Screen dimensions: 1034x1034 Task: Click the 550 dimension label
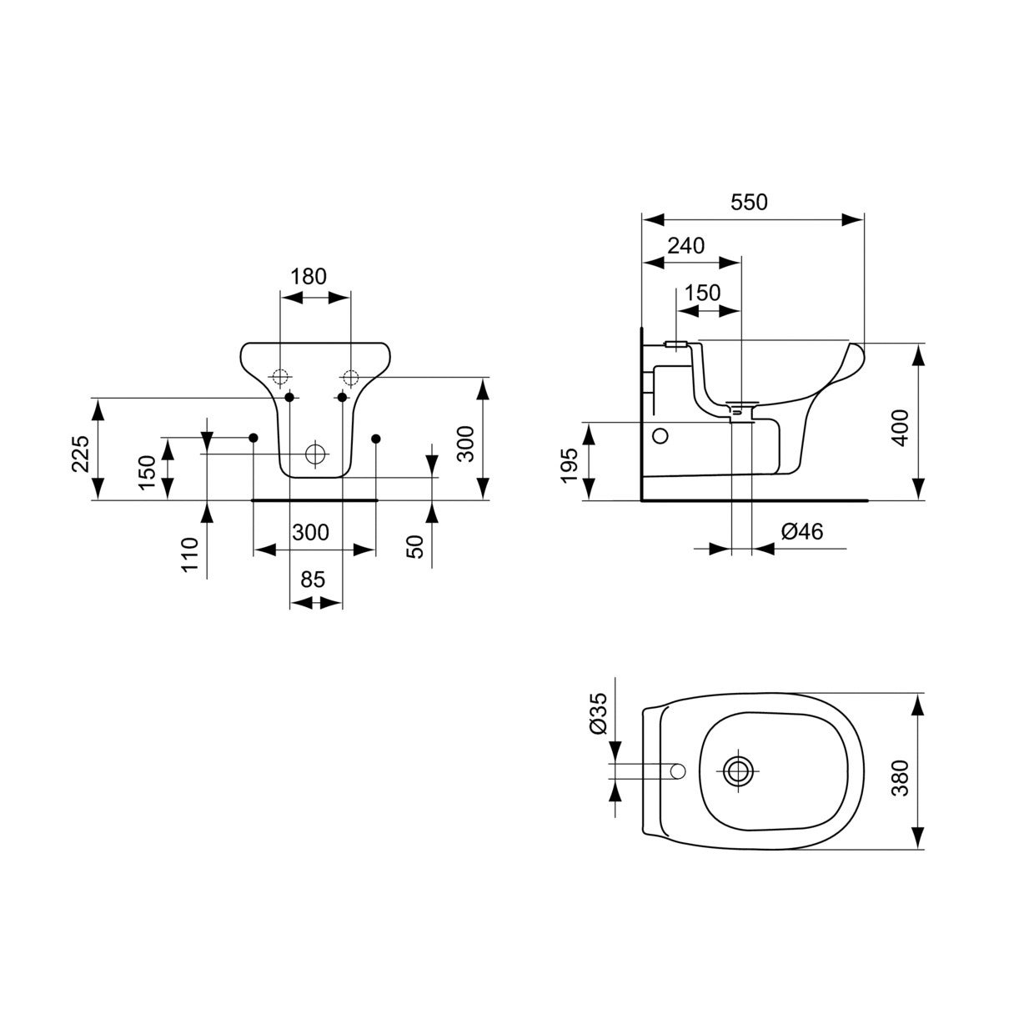[x=749, y=202]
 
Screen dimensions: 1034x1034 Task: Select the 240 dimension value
[x=686, y=245]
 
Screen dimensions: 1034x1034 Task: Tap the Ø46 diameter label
[x=801, y=531]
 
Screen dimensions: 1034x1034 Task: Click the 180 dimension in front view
[x=309, y=276]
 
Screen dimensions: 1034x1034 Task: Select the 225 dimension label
[x=80, y=453]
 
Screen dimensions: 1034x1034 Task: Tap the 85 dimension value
[x=313, y=580]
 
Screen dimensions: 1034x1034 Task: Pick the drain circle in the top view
[x=736, y=770]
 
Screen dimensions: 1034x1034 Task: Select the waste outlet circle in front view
[x=315, y=454]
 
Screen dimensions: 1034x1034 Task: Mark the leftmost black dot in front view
[x=253, y=438]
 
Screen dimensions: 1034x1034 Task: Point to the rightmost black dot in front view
[x=376, y=438]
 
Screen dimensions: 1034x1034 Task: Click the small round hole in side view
[x=660, y=435]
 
